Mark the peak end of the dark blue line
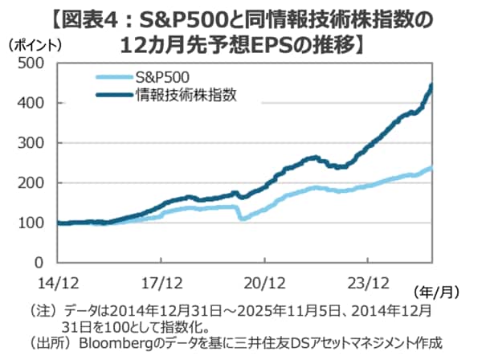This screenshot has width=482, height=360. click(x=432, y=85)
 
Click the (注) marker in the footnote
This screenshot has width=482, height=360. click(x=39, y=309)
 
